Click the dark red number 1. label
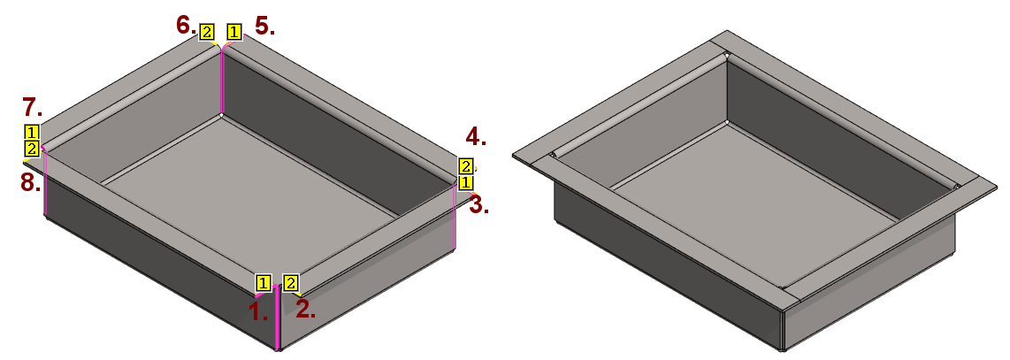click(x=258, y=311)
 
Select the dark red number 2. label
click(x=306, y=310)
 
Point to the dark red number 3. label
click(x=478, y=206)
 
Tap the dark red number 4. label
click(x=476, y=136)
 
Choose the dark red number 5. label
click(x=264, y=27)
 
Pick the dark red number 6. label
click(x=186, y=26)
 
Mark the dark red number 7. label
click(x=32, y=105)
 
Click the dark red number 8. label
click(x=30, y=184)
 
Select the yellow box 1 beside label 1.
click(x=263, y=283)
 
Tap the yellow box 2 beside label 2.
click(x=290, y=283)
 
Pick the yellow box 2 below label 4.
click(x=466, y=166)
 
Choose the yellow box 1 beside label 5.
click(x=234, y=32)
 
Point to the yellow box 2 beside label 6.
click(x=207, y=32)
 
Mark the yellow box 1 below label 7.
click(x=32, y=133)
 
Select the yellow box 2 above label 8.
click(x=32, y=149)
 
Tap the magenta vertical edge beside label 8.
click(x=44, y=182)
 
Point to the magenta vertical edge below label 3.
click(x=455, y=217)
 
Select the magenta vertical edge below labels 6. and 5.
click(x=221, y=81)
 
